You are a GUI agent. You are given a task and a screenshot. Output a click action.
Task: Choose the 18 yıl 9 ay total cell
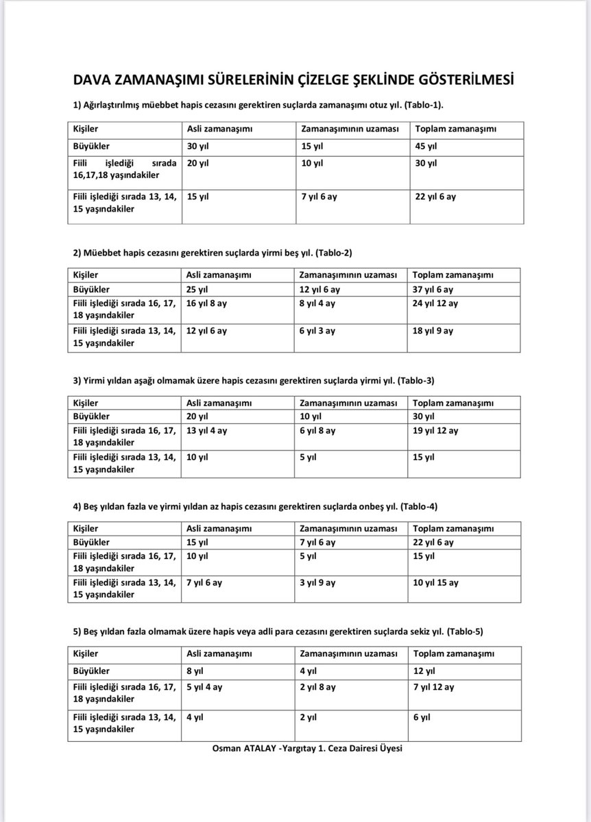[433, 330]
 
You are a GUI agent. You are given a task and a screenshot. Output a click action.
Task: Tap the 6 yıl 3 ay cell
[317, 330]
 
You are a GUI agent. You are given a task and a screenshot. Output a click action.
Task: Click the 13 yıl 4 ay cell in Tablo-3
[206, 430]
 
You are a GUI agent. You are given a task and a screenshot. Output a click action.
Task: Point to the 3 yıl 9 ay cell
[317, 582]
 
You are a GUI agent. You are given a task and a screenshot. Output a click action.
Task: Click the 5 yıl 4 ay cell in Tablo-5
[204, 686]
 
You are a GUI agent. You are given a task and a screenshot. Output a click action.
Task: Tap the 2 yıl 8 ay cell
[317, 686]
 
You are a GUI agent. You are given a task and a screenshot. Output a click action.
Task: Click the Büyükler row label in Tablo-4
[91, 543]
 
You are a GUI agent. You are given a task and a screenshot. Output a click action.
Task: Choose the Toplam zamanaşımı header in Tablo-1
[456, 129]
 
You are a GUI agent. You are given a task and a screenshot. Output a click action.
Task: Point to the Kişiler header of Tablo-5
[86, 654]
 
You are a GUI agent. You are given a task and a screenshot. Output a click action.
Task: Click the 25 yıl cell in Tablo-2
[197, 289]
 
